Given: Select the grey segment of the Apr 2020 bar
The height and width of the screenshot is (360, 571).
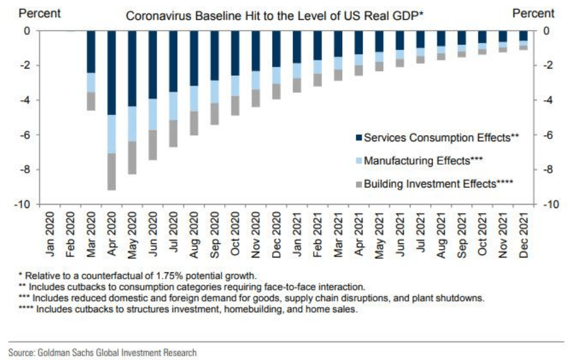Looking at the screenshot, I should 112,171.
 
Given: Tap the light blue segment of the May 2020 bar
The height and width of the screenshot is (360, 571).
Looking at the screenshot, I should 132,124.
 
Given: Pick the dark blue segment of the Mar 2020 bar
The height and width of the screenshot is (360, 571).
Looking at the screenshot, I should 91,52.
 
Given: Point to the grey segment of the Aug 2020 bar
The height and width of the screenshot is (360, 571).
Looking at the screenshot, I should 194,123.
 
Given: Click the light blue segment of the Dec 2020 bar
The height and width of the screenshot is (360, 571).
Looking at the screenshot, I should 276,75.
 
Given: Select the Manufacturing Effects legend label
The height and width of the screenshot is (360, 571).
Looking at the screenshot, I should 424,161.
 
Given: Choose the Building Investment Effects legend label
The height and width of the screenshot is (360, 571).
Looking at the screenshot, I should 439,183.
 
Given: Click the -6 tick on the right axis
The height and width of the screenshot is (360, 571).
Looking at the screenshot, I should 547,135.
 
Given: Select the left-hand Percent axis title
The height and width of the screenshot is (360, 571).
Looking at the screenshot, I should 40,13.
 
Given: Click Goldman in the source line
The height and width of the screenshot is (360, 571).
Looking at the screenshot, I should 53,353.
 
